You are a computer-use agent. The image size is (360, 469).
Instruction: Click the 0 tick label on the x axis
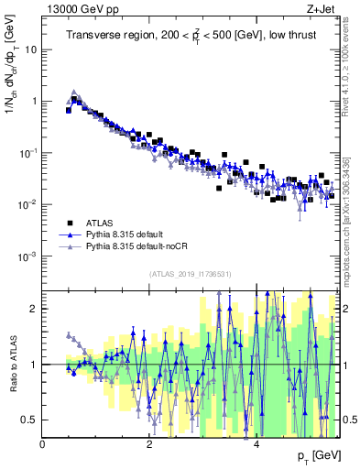click(x=43, y=444)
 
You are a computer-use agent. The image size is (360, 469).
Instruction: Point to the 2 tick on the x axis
click(x=150, y=444)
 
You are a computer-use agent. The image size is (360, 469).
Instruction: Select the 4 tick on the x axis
click(x=257, y=444)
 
